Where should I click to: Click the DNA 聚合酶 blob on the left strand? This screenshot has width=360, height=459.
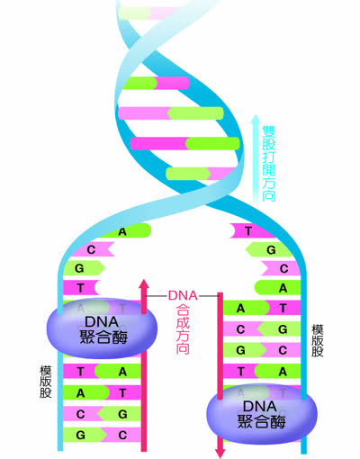pyautogui.click(x=102, y=328)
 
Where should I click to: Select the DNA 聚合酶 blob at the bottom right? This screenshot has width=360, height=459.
pyautogui.click(x=262, y=414)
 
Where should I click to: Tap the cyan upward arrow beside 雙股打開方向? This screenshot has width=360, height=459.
pyautogui.click(x=256, y=158)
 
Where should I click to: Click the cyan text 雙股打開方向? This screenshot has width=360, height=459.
pyautogui.click(x=269, y=164)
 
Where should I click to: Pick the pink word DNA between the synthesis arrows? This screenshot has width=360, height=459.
pyautogui.click(x=183, y=296)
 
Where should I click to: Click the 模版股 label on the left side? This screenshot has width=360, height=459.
pyautogui.click(x=46, y=382)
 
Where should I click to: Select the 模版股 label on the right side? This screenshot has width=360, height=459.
pyautogui.click(x=318, y=340)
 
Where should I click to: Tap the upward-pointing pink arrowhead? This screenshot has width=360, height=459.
pyautogui.click(x=144, y=284)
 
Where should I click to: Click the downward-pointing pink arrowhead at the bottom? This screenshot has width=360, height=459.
pyautogui.click(x=220, y=453)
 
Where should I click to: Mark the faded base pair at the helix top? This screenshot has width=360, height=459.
pyautogui.click(x=148, y=13)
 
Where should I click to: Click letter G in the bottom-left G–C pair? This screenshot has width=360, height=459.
pyautogui.click(x=80, y=435)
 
